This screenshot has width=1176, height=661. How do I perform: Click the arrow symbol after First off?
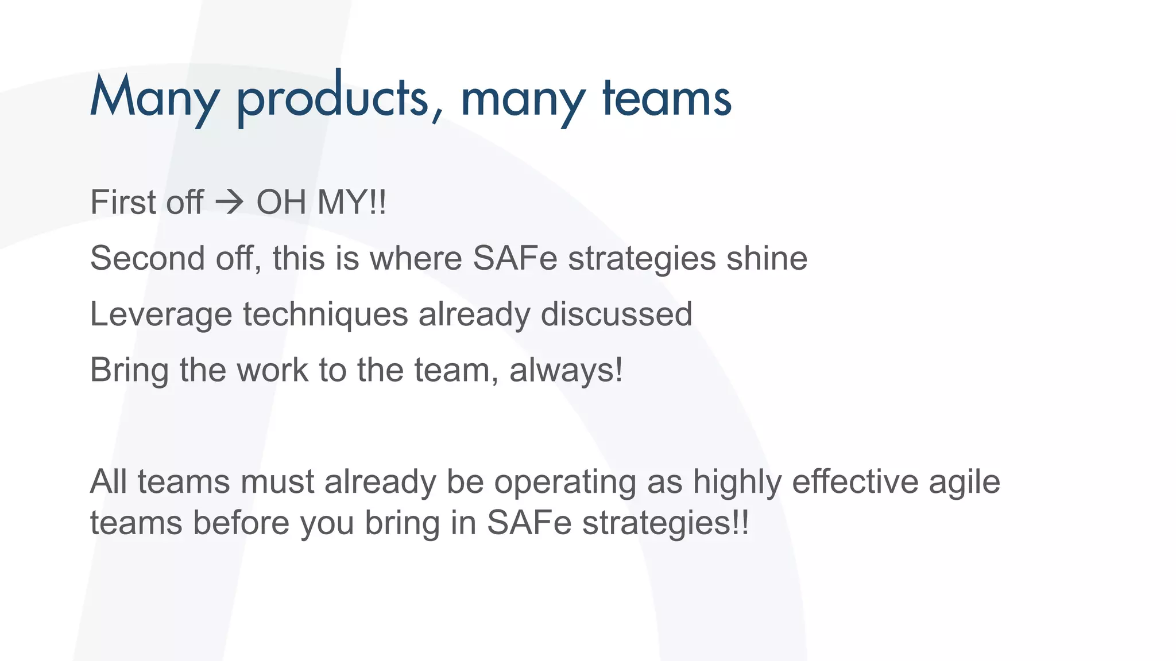coord(230,203)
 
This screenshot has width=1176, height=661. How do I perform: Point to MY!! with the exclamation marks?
coord(352,203)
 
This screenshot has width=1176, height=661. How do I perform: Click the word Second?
coord(147,258)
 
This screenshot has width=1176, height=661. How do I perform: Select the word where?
coord(416,258)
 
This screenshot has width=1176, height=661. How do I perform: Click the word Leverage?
coord(161,314)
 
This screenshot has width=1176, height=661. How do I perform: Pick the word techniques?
coord(325,314)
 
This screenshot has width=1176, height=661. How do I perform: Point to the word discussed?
coord(616,314)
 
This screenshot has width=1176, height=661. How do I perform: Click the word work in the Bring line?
coord(273,370)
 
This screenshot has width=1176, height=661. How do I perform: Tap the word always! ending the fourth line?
coord(566,370)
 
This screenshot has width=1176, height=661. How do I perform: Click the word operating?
coord(565,481)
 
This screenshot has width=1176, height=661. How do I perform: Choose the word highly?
coord(737,481)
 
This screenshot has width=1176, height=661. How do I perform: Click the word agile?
coord(964,481)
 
